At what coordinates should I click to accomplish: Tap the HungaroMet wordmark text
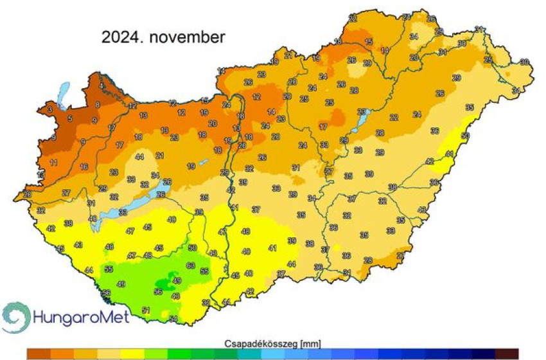pos(80,317)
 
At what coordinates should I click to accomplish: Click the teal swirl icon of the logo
pos(15,316)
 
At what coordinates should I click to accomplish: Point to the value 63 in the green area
pos(190,265)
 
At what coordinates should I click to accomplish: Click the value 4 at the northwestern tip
pos(100,85)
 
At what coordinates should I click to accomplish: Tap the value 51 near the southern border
pos(146,311)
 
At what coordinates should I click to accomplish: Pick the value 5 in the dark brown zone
pos(70,118)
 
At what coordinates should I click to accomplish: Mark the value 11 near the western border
pos(53,162)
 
